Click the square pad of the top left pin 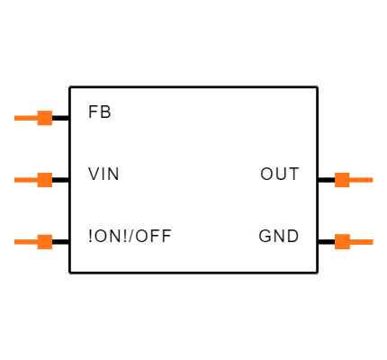click(44, 118)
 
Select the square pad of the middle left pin click(44, 180)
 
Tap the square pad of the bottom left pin click(44, 241)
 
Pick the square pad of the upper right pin click(342, 180)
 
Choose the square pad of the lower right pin click(342, 241)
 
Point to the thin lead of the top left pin click(25, 118)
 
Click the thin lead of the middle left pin click(25, 180)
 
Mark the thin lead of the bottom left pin click(25, 241)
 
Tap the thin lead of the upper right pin click(362, 180)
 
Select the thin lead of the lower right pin click(362, 241)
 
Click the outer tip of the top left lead click(14, 118)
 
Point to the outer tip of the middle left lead click(14, 180)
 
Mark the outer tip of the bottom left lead click(14, 241)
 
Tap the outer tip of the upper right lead click(373, 180)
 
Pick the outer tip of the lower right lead click(373, 241)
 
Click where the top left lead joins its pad click(37, 118)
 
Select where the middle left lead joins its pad click(37, 180)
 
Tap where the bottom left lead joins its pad click(37, 241)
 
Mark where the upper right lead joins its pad click(350, 180)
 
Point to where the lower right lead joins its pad click(350, 241)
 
